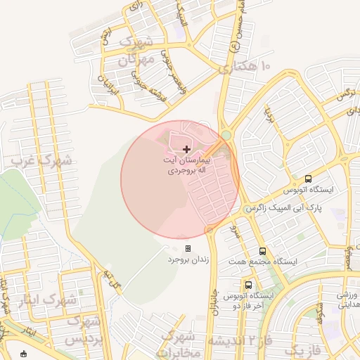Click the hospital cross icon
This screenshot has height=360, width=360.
click(x=186, y=149)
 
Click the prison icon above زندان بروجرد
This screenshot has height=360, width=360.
click(x=188, y=248)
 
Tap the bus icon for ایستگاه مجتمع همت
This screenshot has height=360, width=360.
click(x=262, y=251)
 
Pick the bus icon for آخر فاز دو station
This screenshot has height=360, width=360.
click(x=248, y=285)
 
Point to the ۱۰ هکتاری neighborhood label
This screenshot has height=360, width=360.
click(x=244, y=67)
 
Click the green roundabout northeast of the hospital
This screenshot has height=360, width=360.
click(x=226, y=135)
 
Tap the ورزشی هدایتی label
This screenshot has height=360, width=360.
click(x=343, y=300)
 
